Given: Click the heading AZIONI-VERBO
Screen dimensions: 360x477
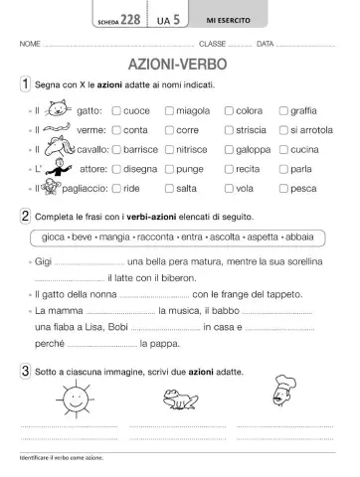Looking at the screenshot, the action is click(180, 65).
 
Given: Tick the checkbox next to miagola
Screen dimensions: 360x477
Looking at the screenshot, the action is click(168, 111).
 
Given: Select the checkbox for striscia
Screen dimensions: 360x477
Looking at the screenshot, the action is click(230, 130).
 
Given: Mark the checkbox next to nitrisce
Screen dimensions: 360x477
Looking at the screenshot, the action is click(168, 149).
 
